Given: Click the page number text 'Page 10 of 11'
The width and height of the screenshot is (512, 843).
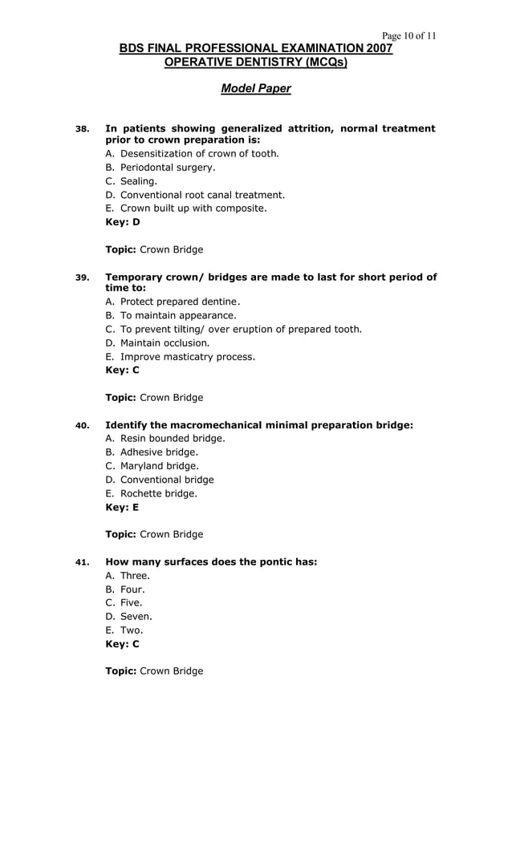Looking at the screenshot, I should pyautogui.click(x=408, y=36).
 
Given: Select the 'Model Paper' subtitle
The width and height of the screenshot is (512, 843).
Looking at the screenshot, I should pyautogui.click(x=255, y=88).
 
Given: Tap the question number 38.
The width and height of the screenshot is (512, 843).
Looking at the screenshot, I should pyautogui.click(x=82, y=129).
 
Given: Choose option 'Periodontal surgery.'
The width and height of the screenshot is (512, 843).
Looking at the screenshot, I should pyautogui.click(x=167, y=168).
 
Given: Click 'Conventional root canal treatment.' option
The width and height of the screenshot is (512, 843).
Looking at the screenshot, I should pyautogui.click(x=202, y=195).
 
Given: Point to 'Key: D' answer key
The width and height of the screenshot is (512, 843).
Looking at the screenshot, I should pyautogui.click(x=123, y=222).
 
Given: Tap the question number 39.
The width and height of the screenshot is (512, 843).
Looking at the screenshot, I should pyautogui.click(x=82, y=278).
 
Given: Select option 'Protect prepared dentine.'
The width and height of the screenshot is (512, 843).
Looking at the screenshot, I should pyautogui.click(x=180, y=302).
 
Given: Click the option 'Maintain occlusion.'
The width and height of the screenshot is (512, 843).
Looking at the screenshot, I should pyautogui.click(x=165, y=342).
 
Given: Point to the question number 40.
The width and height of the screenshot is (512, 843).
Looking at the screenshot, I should pyautogui.click(x=82, y=426).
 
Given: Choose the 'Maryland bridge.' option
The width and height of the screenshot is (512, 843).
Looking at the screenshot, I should pyautogui.click(x=159, y=465).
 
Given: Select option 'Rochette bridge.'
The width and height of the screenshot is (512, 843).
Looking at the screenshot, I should pyautogui.click(x=158, y=493).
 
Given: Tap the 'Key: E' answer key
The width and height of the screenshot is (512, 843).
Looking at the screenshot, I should pyautogui.click(x=123, y=507).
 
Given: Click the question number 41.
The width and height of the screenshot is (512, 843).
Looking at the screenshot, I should pyautogui.click(x=82, y=562).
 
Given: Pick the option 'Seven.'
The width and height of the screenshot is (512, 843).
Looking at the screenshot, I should pyautogui.click(x=136, y=616).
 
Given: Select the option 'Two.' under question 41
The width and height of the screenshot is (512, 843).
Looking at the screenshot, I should pyautogui.click(x=132, y=630).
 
